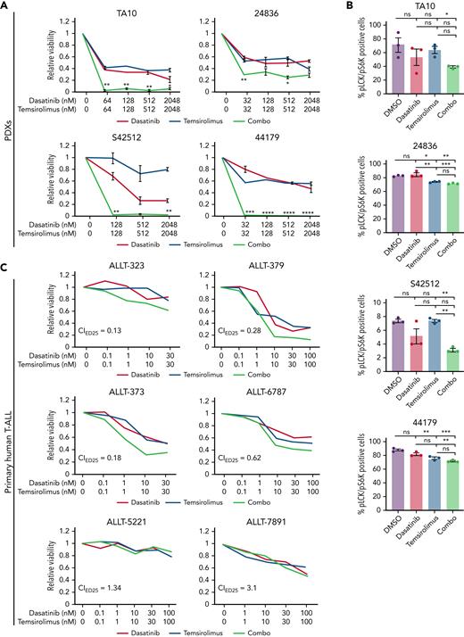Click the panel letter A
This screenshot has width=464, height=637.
point(5,6)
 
